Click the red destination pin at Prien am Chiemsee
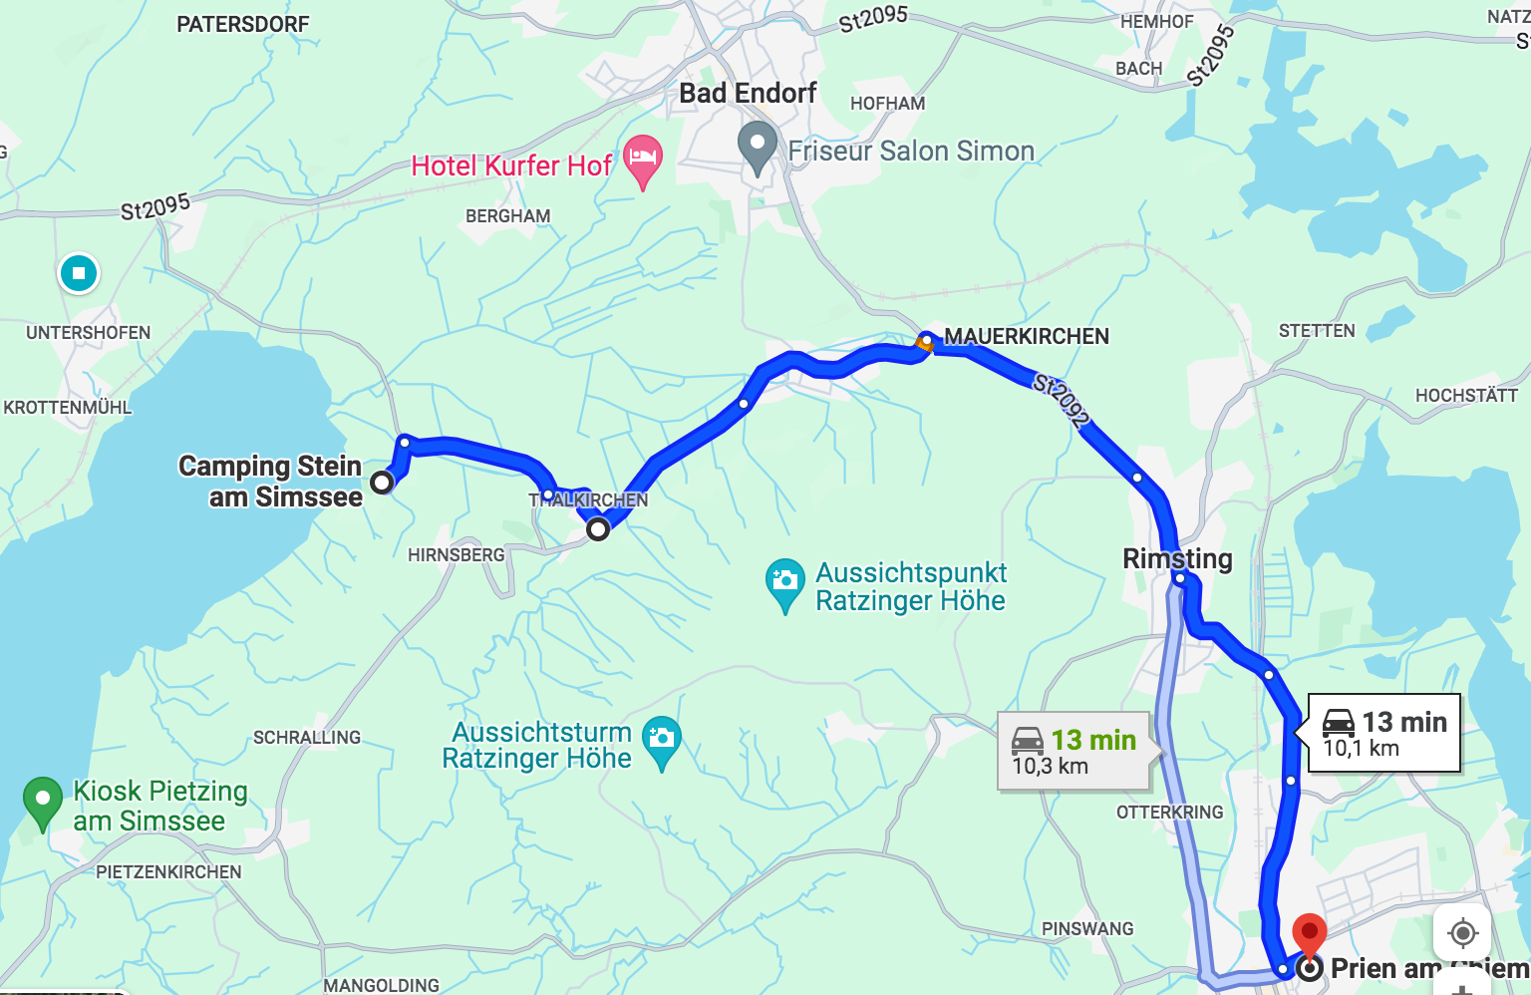click(1309, 933)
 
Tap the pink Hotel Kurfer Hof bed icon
click(643, 160)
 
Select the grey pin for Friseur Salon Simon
click(758, 146)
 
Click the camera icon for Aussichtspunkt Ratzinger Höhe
click(784, 581)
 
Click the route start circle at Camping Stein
click(382, 483)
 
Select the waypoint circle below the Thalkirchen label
click(597, 529)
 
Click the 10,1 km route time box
click(1383, 733)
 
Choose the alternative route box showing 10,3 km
click(1074, 752)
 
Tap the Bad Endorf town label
click(748, 94)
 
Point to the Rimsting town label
click(1177, 558)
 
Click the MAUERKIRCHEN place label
click(1027, 337)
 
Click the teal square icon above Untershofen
click(79, 272)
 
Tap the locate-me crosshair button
click(1462, 933)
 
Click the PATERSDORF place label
click(242, 24)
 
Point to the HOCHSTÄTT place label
click(1466, 396)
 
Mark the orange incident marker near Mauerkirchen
click(924, 344)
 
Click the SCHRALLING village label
click(307, 738)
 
